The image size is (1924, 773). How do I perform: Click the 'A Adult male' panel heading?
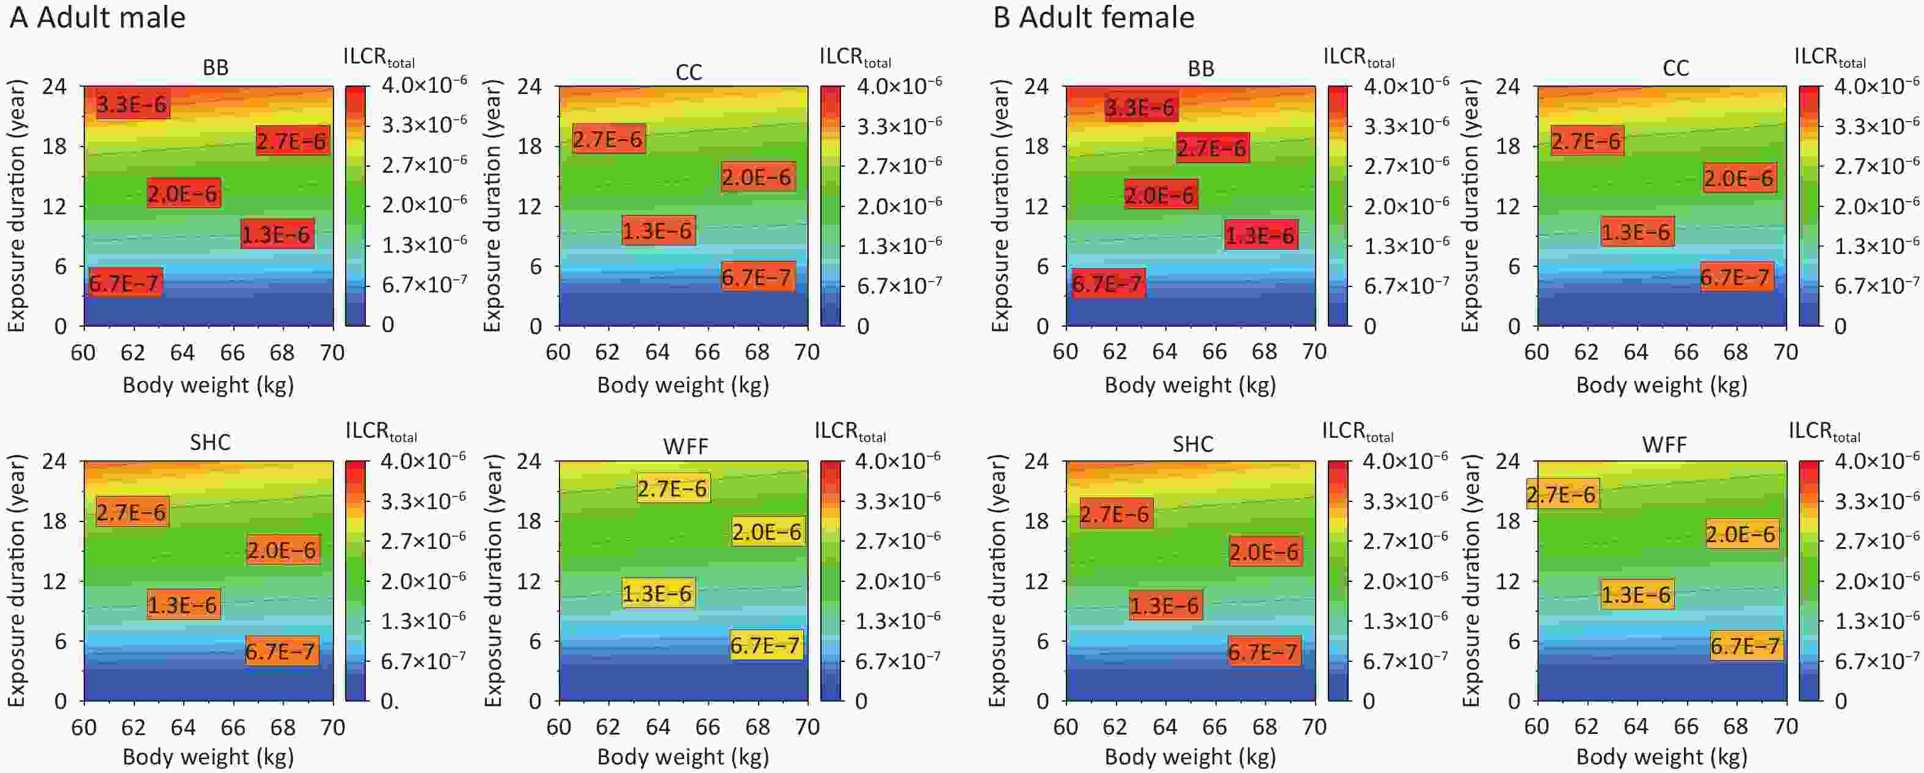(97, 17)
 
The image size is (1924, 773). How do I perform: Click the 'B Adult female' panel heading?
(1093, 17)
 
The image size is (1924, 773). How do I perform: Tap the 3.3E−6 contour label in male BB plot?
(132, 104)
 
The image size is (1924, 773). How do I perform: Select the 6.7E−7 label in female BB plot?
(1107, 284)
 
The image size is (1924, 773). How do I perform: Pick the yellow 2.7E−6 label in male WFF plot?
(672, 488)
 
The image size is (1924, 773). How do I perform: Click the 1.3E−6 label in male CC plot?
(658, 231)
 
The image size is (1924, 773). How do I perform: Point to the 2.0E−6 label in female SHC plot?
(1264, 552)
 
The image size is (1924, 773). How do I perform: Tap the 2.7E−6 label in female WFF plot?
(1561, 495)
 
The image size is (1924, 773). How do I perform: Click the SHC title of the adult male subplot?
(210, 442)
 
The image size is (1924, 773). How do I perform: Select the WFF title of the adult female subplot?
(1664, 445)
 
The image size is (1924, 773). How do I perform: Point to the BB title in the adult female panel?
(1200, 69)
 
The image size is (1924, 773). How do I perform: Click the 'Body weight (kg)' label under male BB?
(208, 385)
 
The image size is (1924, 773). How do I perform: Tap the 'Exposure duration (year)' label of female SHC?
(998, 580)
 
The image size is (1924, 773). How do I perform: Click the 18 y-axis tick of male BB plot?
(54, 147)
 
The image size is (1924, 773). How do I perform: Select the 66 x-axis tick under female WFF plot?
(1686, 727)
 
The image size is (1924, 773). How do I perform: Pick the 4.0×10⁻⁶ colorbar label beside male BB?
(425, 84)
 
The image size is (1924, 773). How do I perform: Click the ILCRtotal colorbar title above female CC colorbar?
(1829, 58)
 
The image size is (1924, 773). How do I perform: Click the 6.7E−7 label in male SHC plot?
(281, 651)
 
